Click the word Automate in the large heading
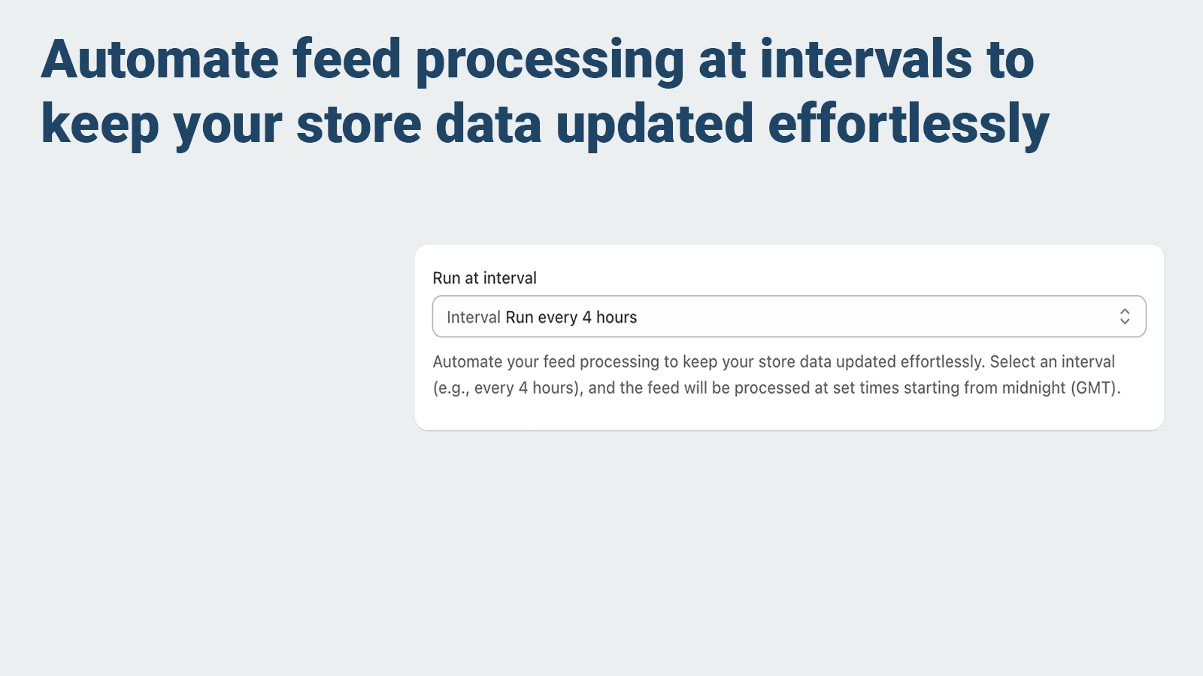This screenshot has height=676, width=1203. pyautogui.click(x=160, y=60)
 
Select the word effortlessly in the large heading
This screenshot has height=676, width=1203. pyautogui.click(x=908, y=125)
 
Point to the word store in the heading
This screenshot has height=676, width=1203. pyautogui.click(x=359, y=125)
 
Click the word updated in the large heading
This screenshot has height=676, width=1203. pyautogui.click(x=654, y=125)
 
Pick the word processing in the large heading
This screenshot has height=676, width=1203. pyautogui.click(x=550, y=60)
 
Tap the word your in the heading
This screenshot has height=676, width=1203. pyautogui.click(x=228, y=125)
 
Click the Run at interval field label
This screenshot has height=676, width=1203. pyautogui.click(x=485, y=279)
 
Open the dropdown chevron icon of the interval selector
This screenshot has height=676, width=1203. pyautogui.click(x=1124, y=317)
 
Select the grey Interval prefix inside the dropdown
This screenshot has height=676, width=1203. pyautogui.click(x=474, y=318)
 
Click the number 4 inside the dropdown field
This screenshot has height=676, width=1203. pyautogui.click(x=587, y=318)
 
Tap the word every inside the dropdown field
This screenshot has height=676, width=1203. pyautogui.click(x=558, y=318)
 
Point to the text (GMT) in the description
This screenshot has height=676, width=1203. pyautogui.click(x=1095, y=388)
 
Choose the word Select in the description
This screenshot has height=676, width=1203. pyautogui.click(x=1012, y=362)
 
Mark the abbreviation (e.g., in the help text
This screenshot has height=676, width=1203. pyautogui.click(x=451, y=388)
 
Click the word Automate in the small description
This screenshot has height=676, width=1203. pyautogui.click(x=467, y=362)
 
